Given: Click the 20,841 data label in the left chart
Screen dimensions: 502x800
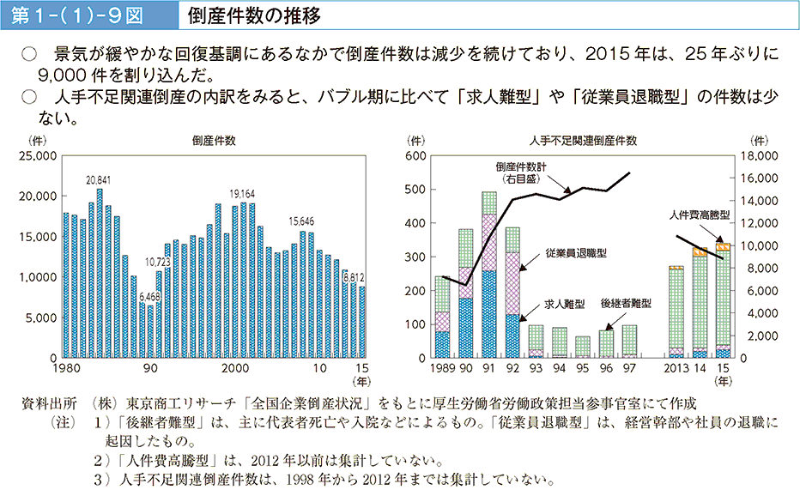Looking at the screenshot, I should (99, 180).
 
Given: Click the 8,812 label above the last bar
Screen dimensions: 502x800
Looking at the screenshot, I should (354, 277).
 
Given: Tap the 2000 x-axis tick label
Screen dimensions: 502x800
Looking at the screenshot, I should (233, 369).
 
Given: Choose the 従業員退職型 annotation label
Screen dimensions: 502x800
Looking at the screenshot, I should (576, 253).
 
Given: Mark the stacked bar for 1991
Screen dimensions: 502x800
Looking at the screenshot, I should (489, 275).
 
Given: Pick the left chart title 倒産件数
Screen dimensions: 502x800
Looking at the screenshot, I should (215, 140).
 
